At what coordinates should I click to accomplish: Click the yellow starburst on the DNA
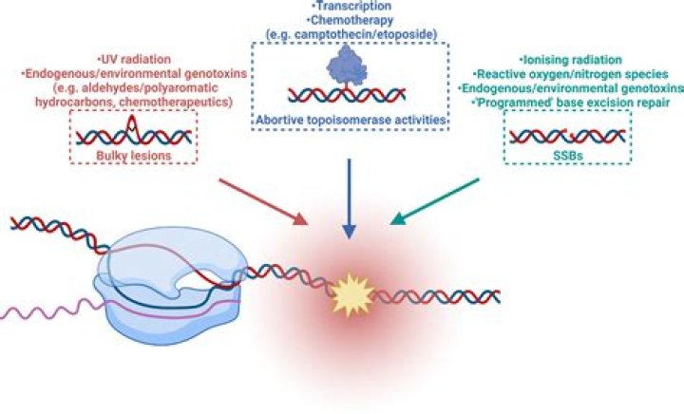352,294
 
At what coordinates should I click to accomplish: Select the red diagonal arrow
263,201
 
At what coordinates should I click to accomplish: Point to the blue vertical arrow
349,198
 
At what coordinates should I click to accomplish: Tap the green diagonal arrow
435,201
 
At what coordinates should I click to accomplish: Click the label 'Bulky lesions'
134,156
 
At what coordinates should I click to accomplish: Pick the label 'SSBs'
567,156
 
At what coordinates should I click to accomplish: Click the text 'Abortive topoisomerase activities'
351,120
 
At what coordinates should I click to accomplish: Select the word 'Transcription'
351,6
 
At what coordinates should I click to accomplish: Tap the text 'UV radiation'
134,59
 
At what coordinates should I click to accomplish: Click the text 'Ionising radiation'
571,60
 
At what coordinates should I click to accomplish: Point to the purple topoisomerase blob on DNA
347,66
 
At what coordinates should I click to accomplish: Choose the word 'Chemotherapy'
351,20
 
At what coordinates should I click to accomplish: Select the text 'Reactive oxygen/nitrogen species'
571,74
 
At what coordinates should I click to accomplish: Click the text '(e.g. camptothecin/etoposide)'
351,34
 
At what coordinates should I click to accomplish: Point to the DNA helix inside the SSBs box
567,137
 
